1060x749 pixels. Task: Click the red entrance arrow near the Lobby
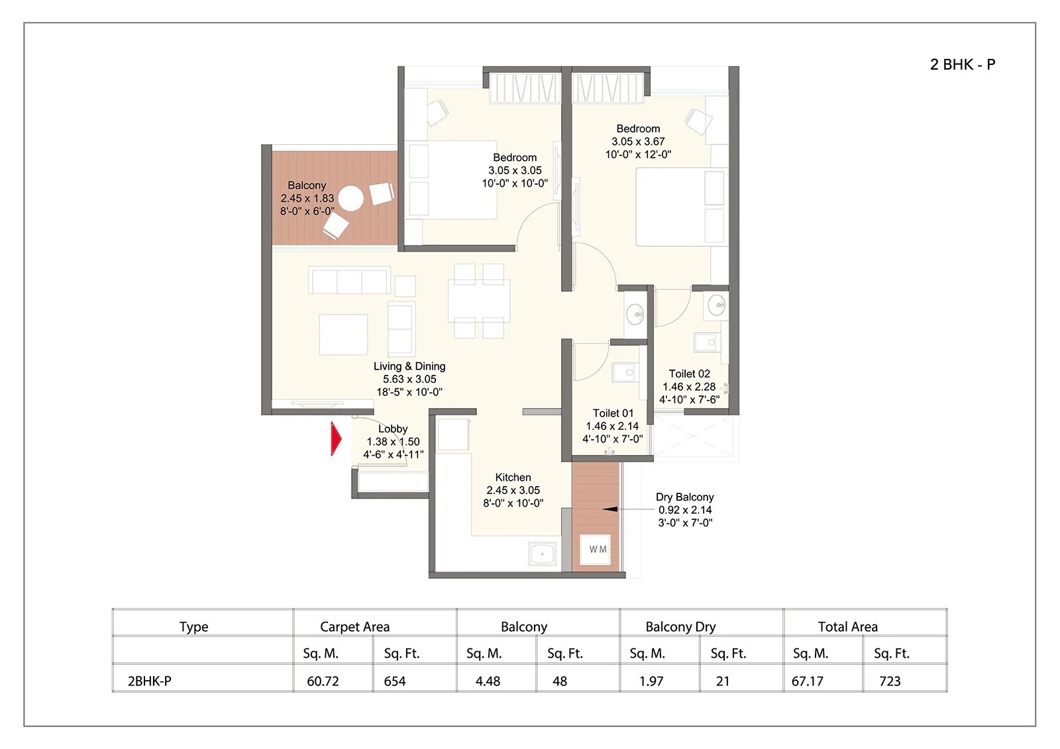coord(336,439)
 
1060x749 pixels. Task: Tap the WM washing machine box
coord(597,549)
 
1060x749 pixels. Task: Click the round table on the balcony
coord(350,198)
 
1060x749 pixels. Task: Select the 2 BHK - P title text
coord(962,64)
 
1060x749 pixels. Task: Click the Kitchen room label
coord(513,477)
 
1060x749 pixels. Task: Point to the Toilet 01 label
coord(613,413)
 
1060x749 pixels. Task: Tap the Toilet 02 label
coord(689,374)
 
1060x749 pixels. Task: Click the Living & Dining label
coord(409,366)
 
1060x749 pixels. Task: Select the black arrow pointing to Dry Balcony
coord(610,509)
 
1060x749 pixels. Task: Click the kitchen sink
coord(543,554)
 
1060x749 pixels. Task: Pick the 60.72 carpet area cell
coord(323,681)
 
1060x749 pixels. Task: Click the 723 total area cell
coord(890,681)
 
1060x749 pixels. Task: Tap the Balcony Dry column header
coord(680,626)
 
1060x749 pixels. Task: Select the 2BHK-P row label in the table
coord(149,681)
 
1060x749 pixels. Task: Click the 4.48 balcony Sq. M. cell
coord(488,681)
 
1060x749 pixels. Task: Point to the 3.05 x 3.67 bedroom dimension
coord(637,142)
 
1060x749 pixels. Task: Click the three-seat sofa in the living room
coord(349,281)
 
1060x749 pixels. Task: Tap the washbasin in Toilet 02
coord(716,305)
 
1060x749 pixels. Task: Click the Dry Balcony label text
coord(684,497)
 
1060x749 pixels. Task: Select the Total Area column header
coord(847,626)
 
